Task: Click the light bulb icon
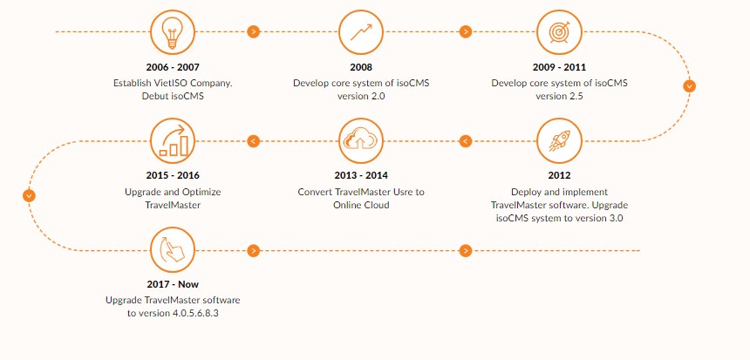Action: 173,32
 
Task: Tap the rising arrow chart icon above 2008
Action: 361,32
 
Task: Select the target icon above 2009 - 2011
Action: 559,32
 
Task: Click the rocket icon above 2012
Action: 559,141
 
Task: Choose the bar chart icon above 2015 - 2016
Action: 173,141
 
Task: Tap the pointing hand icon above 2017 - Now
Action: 173,249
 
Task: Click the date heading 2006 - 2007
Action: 173,67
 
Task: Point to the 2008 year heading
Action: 361,67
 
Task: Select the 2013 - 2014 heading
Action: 361,175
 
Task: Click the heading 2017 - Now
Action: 173,284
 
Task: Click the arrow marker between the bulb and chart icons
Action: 254,32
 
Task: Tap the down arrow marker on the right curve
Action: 689,86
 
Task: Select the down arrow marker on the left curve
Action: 29,195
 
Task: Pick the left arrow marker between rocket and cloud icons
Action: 466,141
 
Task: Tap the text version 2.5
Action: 559,96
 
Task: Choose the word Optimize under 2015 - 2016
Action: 201,192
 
